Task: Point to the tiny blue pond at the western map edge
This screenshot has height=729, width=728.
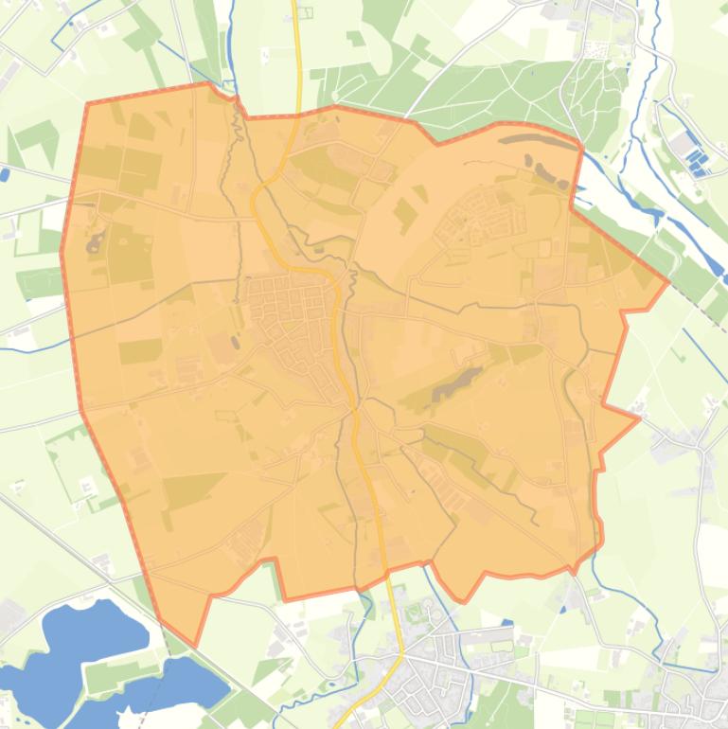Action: coord(5,174)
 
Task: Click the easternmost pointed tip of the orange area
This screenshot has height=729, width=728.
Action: coord(669,281)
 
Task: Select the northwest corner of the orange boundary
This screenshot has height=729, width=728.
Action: coord(87,104)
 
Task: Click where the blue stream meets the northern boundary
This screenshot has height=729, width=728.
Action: coord(236,98)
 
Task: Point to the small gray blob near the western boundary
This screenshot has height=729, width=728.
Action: coord(95,244)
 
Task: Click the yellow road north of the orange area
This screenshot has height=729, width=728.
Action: coord(297,57)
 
